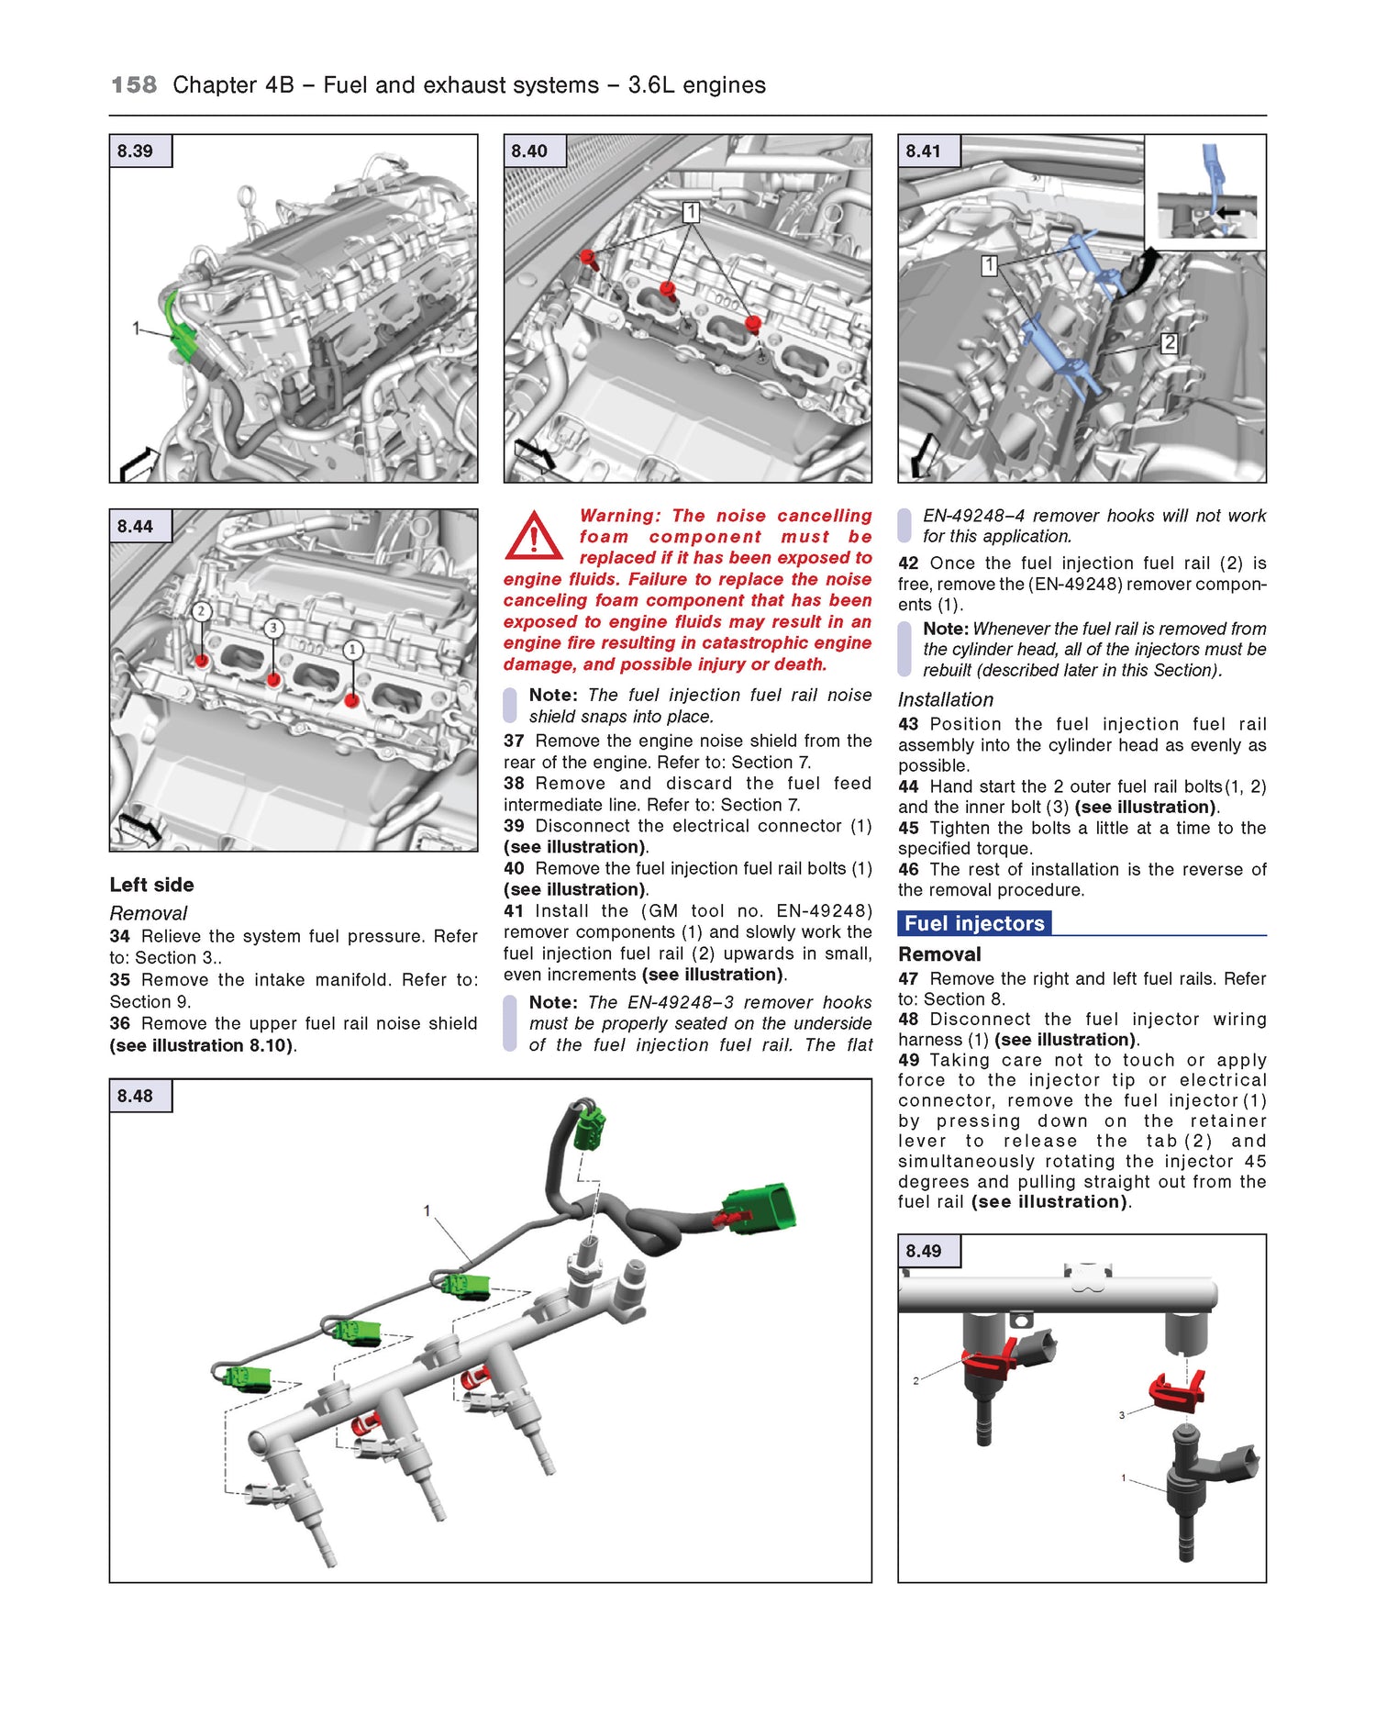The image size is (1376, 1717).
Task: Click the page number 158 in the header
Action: pos(134,85)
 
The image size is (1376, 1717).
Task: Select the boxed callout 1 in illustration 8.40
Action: pos(691,213)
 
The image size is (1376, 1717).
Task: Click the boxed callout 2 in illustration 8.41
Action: pos(1169,343)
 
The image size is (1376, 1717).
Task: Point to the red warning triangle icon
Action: pos(533,537)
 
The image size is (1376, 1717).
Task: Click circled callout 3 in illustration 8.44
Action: pos(273,629)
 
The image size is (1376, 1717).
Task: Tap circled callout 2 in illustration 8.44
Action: pos(202,611)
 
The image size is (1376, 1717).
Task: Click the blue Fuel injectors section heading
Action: pos(974,923)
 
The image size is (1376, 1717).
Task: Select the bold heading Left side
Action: pos(151,885)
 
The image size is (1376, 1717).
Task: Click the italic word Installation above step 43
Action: pos(945,699)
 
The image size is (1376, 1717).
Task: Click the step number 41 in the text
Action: pos(514,911)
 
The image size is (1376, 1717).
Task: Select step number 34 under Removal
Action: pos(119,937)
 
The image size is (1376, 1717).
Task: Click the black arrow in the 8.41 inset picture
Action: pos(1228,212)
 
